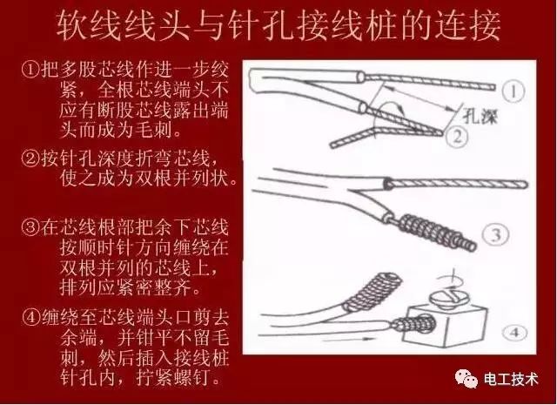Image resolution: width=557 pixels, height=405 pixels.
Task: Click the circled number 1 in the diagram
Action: tap(516, 90)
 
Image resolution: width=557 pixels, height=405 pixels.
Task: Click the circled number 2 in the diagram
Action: tap(455, 136)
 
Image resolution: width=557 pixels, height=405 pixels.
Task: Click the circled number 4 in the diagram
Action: tap(516, 332)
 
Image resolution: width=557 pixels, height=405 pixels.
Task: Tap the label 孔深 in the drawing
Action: tap(477, 115)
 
